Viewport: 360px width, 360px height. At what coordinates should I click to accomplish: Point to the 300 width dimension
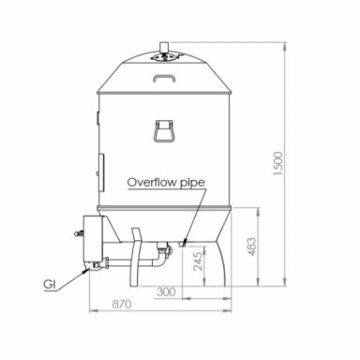tap(166, 291)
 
